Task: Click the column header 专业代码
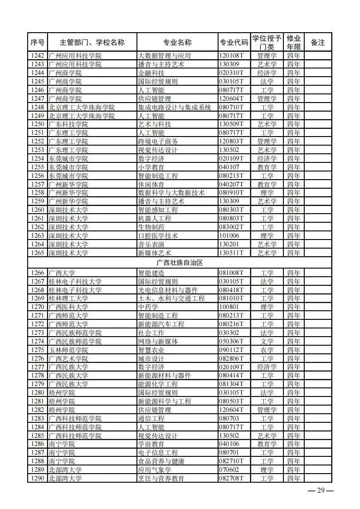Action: coord(234,43)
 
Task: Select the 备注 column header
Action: coord(318,43)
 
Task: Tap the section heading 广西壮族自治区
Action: coord(180,263)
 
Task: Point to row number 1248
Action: coord(37,108)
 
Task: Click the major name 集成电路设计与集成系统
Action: coord(175,108)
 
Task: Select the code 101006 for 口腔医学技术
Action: coord(229,236)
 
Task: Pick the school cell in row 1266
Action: coord(62,273)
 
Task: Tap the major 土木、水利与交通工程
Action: coord(171,299)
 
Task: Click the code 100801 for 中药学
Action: coord(229,307)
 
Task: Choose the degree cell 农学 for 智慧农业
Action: coord(267,350)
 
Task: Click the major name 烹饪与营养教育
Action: coord(161,479)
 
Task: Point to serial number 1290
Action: coord(37,479)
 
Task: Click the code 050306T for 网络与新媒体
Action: coord(231,342)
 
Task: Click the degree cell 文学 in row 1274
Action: coord(267,342)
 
